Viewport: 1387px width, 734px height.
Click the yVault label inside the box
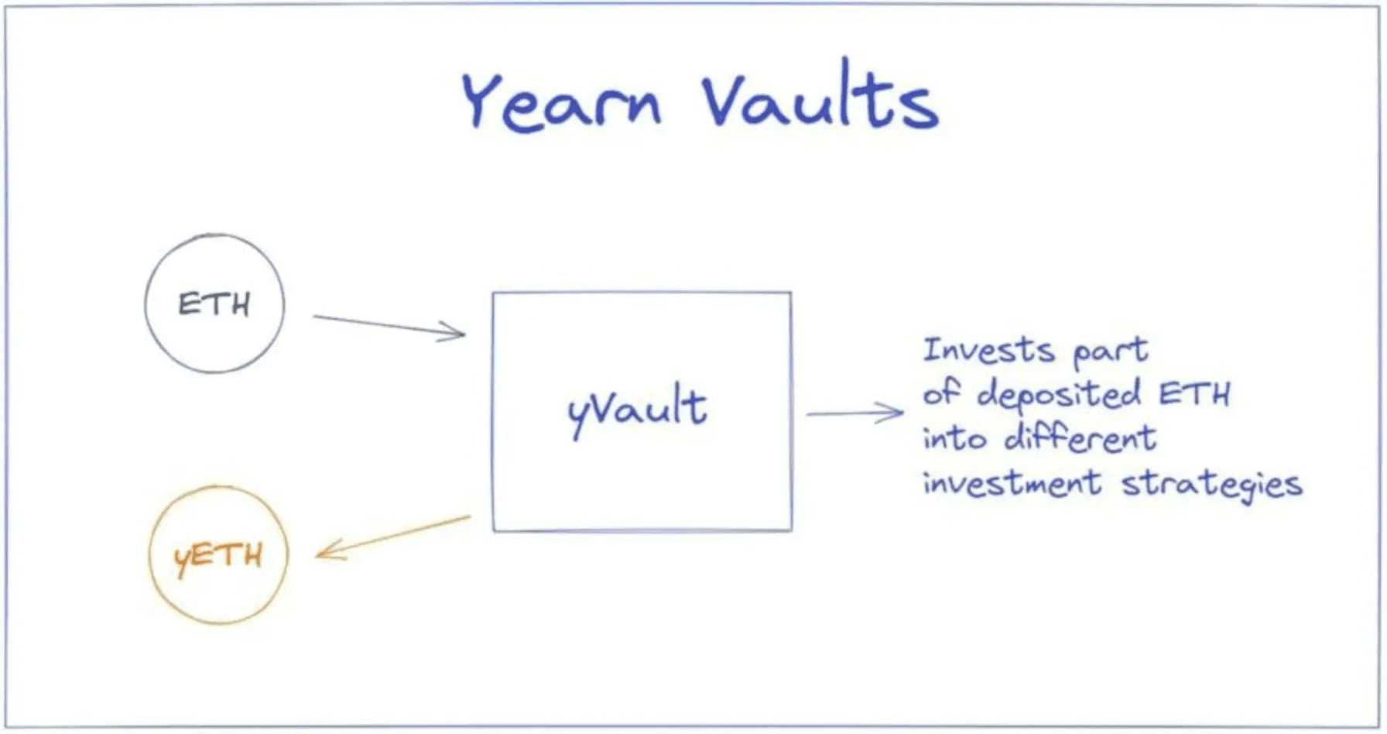637,410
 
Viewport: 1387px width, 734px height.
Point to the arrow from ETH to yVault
389,326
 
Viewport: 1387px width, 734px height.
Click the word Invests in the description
988,350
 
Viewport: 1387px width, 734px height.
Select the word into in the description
954,439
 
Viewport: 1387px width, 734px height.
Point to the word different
1080,438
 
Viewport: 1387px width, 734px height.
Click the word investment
1012,483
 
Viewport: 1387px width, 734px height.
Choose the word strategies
1211,485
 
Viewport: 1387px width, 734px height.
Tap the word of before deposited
940,393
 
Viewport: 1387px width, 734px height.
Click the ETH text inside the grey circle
214,304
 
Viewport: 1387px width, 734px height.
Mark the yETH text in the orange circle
218,556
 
